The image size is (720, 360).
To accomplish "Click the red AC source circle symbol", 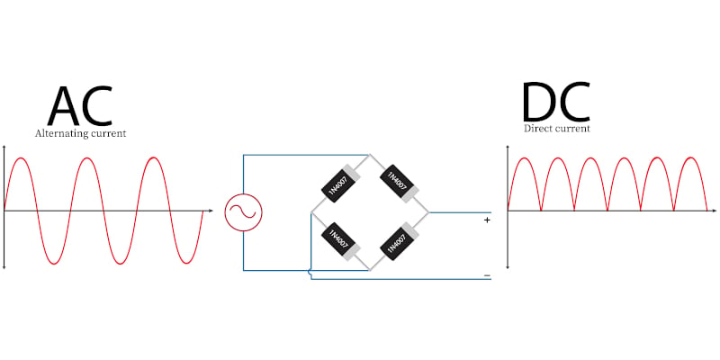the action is click(243, 211).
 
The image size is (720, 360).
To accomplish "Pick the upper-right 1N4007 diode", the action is click(399, 183).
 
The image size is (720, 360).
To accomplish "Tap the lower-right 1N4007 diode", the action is click(399, 242).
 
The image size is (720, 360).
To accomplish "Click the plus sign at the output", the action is click(487, 220).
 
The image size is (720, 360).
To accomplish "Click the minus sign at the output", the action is click(487, 275).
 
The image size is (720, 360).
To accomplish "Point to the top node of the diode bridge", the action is click(369, 155).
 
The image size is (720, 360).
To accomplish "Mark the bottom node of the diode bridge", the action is click(369, 271).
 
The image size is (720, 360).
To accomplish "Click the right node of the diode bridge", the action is click(428, 212).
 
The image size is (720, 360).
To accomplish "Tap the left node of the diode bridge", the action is click(311, 213).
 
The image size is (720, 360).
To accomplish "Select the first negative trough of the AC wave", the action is click(54, 264).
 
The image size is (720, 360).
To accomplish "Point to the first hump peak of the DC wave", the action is click(525, 158).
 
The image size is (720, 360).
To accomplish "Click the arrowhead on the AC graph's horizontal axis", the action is click(211, 211).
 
